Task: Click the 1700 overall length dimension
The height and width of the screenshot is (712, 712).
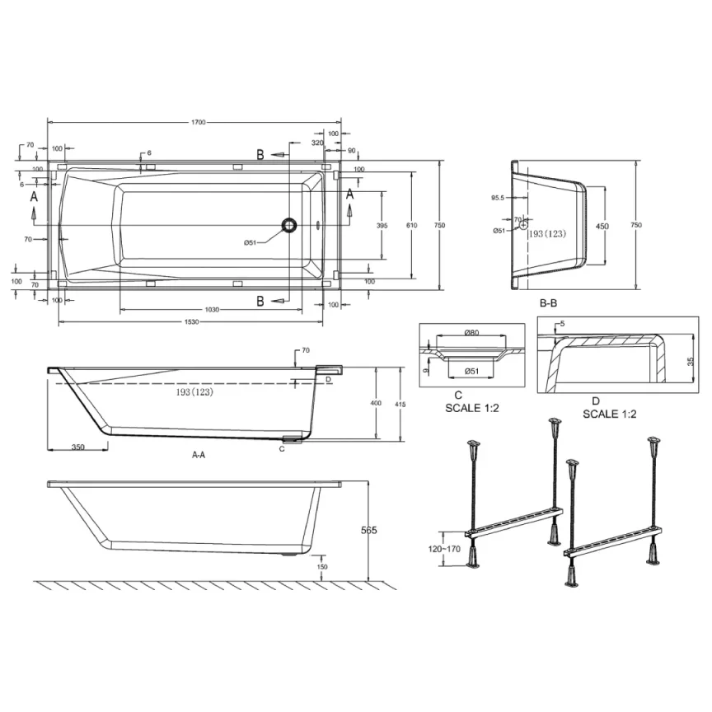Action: [x=196, y=122]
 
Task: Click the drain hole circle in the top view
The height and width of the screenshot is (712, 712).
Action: [x=288, y=224]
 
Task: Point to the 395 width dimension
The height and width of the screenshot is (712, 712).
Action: [x=382, y=225]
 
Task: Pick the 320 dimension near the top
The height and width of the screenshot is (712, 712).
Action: [x=316, y=143]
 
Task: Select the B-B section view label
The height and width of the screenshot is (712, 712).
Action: [x=549, y=303]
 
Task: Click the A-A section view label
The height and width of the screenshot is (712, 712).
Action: [x=199, y=453]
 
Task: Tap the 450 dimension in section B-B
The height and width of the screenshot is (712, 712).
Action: [x=603, y=227]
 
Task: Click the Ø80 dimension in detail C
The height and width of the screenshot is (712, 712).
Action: [x=472, y=333]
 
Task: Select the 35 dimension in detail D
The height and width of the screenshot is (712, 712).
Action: [x=690, y=361]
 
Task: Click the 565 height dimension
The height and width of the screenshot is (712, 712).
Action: [x=368, y=531]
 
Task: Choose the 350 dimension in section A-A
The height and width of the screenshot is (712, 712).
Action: [x=78, y=447]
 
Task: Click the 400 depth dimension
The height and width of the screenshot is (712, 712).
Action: [x=376, y=403]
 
